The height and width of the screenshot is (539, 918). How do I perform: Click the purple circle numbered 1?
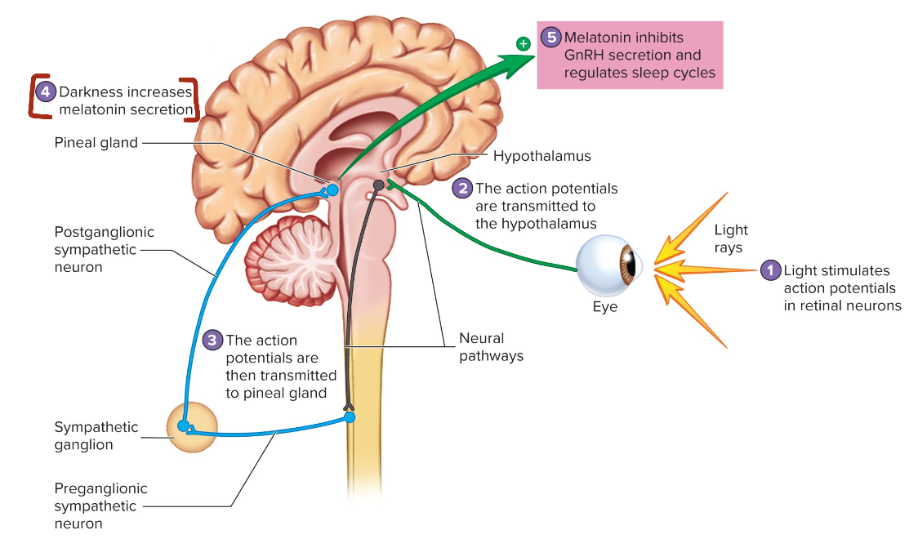[x=770, y=270]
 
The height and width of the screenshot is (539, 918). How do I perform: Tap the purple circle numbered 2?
[x=463, y=189]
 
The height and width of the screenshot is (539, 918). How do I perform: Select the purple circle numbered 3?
[x=212, y=340]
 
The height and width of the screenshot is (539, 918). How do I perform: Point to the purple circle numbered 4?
[x=47, y=92]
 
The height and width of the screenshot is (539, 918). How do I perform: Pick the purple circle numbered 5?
[x=551, y=38]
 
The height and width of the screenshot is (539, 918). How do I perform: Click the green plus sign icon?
[x=523, y=42]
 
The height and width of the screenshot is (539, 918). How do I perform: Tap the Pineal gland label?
[x=96, y=143]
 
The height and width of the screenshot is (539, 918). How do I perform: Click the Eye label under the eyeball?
[x=605, y=307]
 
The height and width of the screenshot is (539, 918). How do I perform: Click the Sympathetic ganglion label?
[x=96, y=436]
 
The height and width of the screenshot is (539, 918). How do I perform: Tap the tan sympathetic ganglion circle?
[x=192, y=426]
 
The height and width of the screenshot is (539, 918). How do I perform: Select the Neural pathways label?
[x=491, y=347]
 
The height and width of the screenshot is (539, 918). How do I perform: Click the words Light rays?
[x=731, y=238]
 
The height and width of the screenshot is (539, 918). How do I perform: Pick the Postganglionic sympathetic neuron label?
[x=104, y=249]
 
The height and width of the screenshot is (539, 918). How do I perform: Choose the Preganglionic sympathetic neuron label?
[x=100, y=506]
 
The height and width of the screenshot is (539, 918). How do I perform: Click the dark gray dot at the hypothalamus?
[x=378, y=185]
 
